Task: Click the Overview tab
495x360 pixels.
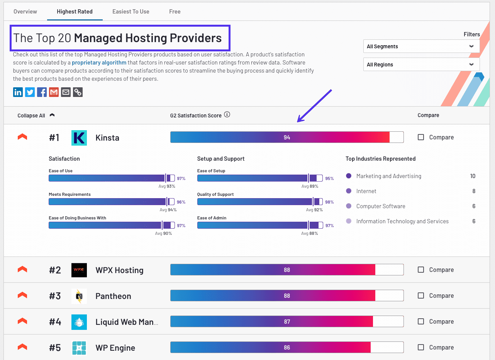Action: click(x=25, y=12)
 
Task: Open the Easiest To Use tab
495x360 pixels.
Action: click(x=131, y=12)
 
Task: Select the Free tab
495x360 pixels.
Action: click(x=175, y=12)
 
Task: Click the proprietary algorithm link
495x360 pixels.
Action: click(x=99, y=62)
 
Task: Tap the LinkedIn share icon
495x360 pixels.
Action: click(x=18, y=92)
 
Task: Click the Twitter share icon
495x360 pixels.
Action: click(x=30, y=92)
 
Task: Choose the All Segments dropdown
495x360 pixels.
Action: click(x=421, y=46)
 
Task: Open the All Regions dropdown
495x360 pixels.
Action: click(x=421, y=65)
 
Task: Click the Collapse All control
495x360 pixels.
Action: click(x=31, y=115)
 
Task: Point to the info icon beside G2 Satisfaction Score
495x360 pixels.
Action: click(x=227, y=115)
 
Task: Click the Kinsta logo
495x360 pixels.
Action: click(x=79, y=138)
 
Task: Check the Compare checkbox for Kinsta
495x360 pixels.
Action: click(x=421, y=137)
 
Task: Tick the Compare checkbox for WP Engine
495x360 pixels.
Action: click(x=421, y=347)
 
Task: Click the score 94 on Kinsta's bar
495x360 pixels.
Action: click(x=286, y=138)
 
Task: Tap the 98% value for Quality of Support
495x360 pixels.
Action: click(x=329, y=202)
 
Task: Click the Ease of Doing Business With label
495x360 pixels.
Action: click(x=77, y=218)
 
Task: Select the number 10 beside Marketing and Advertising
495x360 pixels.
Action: click(x=473, y=176)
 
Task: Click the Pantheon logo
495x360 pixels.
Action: click(x=79, y=296)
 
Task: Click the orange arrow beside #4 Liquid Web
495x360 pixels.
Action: click(x=22, y=321)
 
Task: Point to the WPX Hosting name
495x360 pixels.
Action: click(x=119, y=270)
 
